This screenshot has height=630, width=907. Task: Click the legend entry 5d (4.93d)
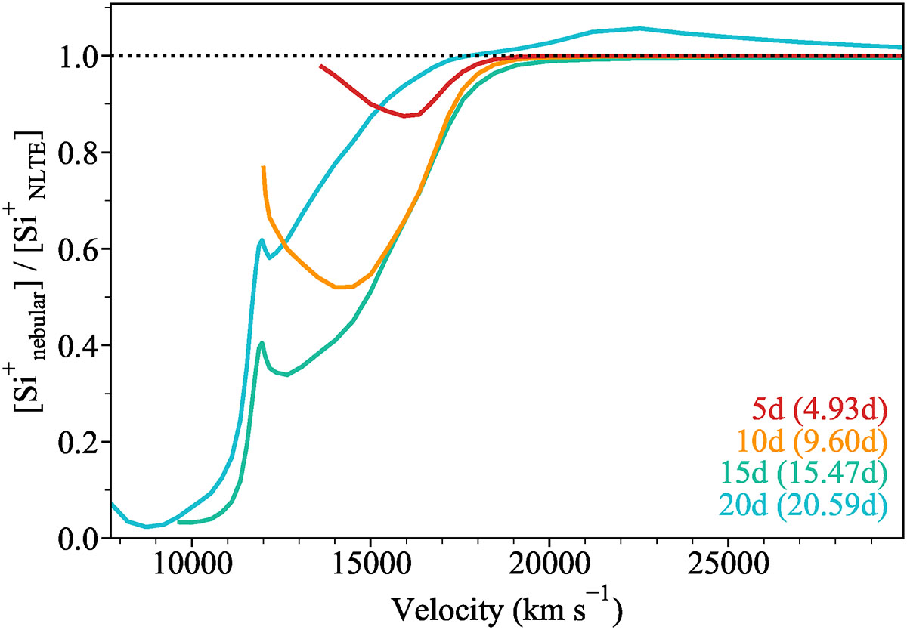coord(819,412)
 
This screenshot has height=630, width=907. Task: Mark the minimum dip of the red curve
coord(406,116)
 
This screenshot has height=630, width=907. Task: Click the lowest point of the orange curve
coord(338,287)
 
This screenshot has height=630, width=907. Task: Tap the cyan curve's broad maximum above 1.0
coord(639,29)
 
